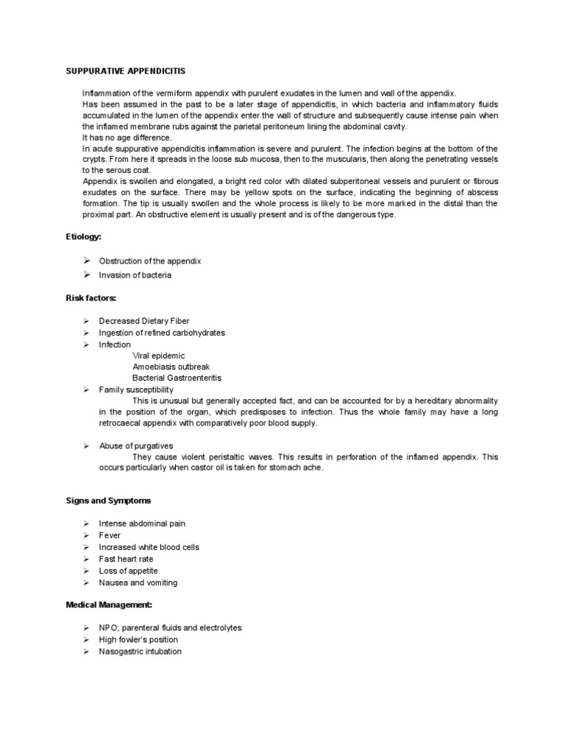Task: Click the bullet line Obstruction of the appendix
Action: [x=150, y=261]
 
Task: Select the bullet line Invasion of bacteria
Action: [x=135, y=275]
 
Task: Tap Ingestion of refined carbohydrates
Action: [x=162, y=333]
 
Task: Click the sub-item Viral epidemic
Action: [x=159, y=356]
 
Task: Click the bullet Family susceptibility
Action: [x=136, y=389]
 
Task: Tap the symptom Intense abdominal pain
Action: [x=142, y=524]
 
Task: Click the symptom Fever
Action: [x=110, y=535]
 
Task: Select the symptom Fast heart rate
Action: [x=127, y=559]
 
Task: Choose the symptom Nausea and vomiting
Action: [x=138, y=582]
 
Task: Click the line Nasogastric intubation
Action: [x=140, y=652]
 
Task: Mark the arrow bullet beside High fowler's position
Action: [x=86, y=640]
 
